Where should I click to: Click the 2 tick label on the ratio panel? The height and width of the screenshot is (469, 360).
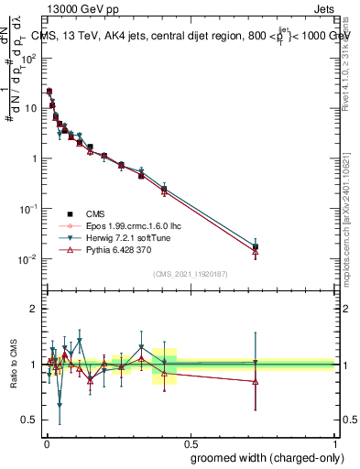click(34, 309)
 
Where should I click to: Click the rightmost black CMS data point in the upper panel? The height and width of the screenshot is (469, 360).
click(256, 246)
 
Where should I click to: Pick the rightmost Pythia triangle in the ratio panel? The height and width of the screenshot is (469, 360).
click(256, 381)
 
